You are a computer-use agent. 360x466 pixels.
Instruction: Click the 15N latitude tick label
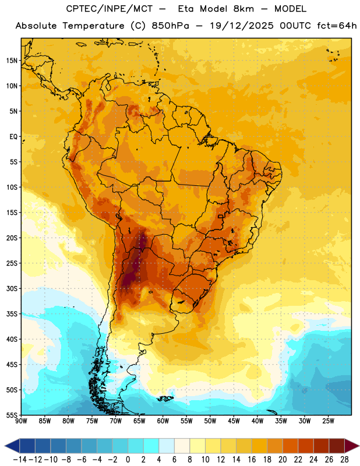click(12, 61)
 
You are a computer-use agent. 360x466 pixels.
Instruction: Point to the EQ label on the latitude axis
click(13, 137)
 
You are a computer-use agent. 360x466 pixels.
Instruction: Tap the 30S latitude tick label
click(12, 288)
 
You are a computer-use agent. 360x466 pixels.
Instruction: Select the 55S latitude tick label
click(12, 415)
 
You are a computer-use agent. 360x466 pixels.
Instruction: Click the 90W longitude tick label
click(21, 421)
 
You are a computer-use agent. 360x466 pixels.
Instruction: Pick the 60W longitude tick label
click(163, 421)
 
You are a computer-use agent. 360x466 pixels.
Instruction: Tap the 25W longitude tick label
click(328, 421)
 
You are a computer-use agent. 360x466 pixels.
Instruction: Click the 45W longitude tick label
click(234, 421)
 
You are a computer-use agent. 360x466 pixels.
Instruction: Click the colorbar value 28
click(344, 460)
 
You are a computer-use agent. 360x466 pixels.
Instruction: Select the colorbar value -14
click(20, 460)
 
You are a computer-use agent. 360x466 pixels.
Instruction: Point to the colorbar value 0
click(128, 460)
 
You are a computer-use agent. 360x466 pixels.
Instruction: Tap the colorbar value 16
click(252, 460)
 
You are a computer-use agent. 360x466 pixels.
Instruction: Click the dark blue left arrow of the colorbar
click(12, 446)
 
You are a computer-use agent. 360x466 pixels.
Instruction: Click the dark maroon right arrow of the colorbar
click(352, 446)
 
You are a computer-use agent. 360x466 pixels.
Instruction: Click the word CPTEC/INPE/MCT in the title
click(110, 9)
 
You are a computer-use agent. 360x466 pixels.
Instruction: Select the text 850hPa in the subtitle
click(170, 26)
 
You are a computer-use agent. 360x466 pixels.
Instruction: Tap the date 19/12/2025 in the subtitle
click(241, 26)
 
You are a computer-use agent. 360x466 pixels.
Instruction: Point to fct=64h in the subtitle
click(337, 26)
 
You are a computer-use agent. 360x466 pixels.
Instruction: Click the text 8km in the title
click(243, 9)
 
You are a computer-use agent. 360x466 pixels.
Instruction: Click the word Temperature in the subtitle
click(93, 26)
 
